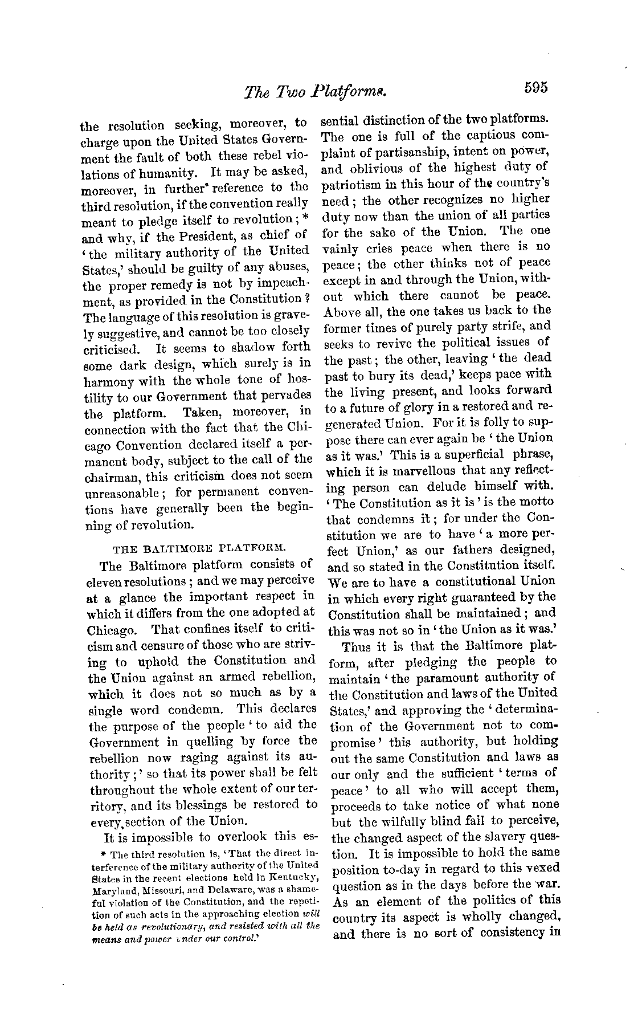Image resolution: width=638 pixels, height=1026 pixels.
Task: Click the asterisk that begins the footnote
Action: click(x=103, y=854)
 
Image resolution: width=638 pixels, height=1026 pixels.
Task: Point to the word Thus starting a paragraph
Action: click(x=355, y=647)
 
